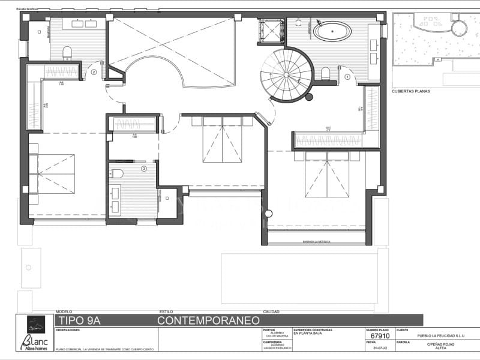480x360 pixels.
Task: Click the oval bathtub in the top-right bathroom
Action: pyautogui.click(x=332, y=31)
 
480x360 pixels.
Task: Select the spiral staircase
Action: pyautogui.click(x=287, y=74)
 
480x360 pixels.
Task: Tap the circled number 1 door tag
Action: pyautogui.click(x=348, y=77)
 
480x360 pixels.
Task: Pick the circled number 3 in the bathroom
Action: pyautogui.click(x=143, y=169)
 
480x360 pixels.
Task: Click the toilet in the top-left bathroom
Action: pyautogui.click(x=67, y=52)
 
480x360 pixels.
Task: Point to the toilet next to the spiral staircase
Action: pyautogui.click(x=326, y=73)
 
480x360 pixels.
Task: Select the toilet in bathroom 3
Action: pyautogui.click(x=117, y=174)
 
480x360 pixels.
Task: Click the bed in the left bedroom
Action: pyautogui.click(x=52, y=173)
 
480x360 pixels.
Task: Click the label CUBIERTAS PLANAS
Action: pyautogui.click(x=411, y=92)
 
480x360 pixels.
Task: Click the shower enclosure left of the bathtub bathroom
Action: pyautogui.click(x=271, y=31)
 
